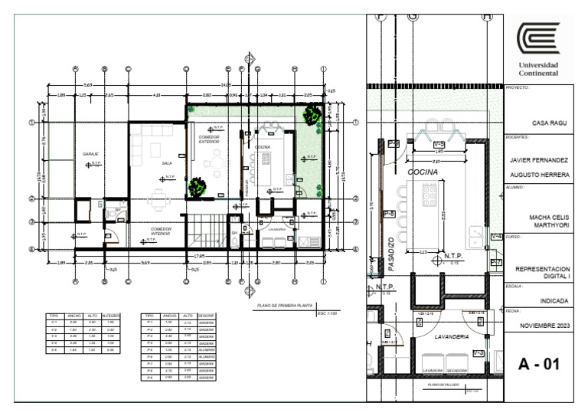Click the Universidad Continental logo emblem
click(x=537, y=38)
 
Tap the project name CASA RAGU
click(x=543, y=122)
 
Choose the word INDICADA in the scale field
click(x=543, y=300)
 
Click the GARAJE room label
click(x=90, y=154)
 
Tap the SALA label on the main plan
click(x=166, y=163)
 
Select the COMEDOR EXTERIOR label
click(x=209, y=139)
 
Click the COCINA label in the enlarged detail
click(x=422, y=173)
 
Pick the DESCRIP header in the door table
click(x=206, y=315)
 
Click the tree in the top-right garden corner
click(x=311, y=116)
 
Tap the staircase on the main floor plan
click(x=204, y=231)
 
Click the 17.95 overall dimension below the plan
click(x=198, y=255)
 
